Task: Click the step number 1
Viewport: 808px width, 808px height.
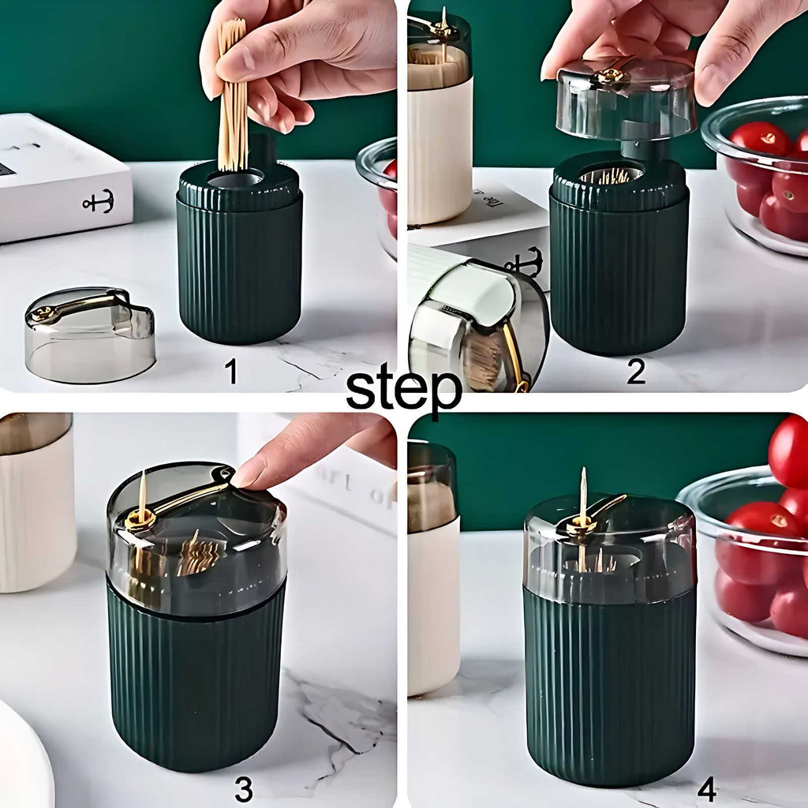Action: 231,371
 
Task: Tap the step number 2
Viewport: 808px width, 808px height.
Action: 636,371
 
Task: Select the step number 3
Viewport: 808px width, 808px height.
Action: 244,787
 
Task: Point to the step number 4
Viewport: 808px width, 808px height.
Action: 707,787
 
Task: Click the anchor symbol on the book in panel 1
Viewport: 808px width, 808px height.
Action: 98,201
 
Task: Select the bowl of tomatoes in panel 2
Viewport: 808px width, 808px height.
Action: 761,178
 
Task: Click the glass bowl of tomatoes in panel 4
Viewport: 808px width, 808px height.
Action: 754,552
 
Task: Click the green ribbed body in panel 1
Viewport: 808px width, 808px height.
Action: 239,268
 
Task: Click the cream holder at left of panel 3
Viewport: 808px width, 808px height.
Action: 35,505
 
